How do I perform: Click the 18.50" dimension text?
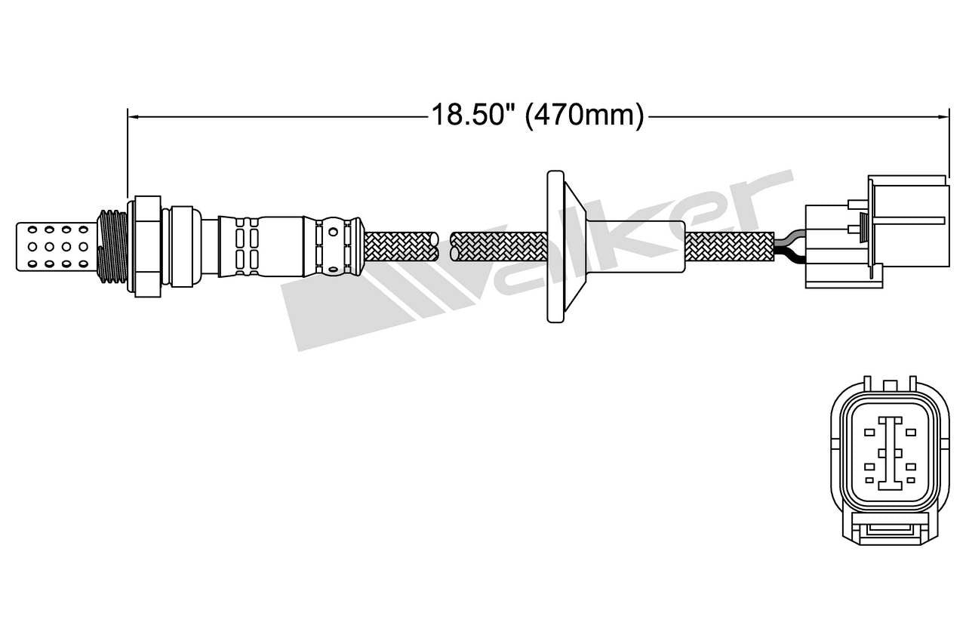(472, 116)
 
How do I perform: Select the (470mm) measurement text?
(584, 116)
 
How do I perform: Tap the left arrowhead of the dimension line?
(133, 116)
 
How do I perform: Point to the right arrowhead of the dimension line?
(943, 116)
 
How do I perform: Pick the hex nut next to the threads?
(146, 246)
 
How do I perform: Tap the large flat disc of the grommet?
(554, 246)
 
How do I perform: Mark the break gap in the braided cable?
(444, 246)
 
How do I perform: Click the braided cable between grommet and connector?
(728, 246)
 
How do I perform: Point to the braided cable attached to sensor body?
(400, 246)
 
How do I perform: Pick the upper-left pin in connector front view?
(869, 432)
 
